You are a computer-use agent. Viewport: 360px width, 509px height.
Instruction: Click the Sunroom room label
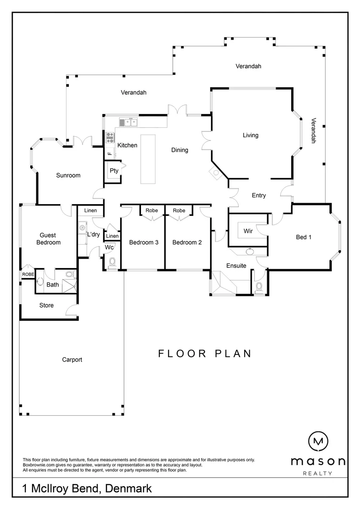[x=68, y=175]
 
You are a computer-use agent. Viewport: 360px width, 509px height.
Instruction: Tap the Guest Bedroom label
[x=48, y=239]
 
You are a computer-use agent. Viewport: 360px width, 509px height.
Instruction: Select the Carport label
[x=72, y=360]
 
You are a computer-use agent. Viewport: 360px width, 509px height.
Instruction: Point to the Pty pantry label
[x=114, y=171]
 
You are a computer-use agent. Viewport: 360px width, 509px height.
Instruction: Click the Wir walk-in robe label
[x=248, y=231]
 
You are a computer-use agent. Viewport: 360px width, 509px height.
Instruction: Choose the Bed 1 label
[x=303, y=237]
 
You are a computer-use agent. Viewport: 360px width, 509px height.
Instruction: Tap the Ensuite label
[x=236, y=266]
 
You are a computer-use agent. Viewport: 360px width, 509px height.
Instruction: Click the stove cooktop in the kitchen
[x=110, y=137]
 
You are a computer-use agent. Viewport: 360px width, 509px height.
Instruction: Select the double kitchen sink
[x=128, y=123]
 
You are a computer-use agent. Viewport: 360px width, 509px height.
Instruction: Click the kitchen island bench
[x=148, y=159]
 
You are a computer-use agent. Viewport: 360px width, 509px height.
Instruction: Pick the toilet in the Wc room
[x=112, y=262]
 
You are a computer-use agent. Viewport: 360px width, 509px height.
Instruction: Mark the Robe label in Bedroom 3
[x=152, y=211]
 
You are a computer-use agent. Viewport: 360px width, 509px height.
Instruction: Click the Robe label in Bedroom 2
[x=179, y=211]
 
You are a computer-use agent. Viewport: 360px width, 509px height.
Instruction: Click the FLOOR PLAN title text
[x=205, y=353]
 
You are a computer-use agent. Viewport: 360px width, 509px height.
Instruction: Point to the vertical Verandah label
[x=312, y=130]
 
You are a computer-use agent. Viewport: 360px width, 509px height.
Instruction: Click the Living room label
[x=250, y=135]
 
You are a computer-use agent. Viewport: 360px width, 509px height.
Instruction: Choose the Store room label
[x=46, y=305]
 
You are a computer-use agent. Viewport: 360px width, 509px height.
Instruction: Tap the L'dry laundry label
[x=93, y=234]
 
